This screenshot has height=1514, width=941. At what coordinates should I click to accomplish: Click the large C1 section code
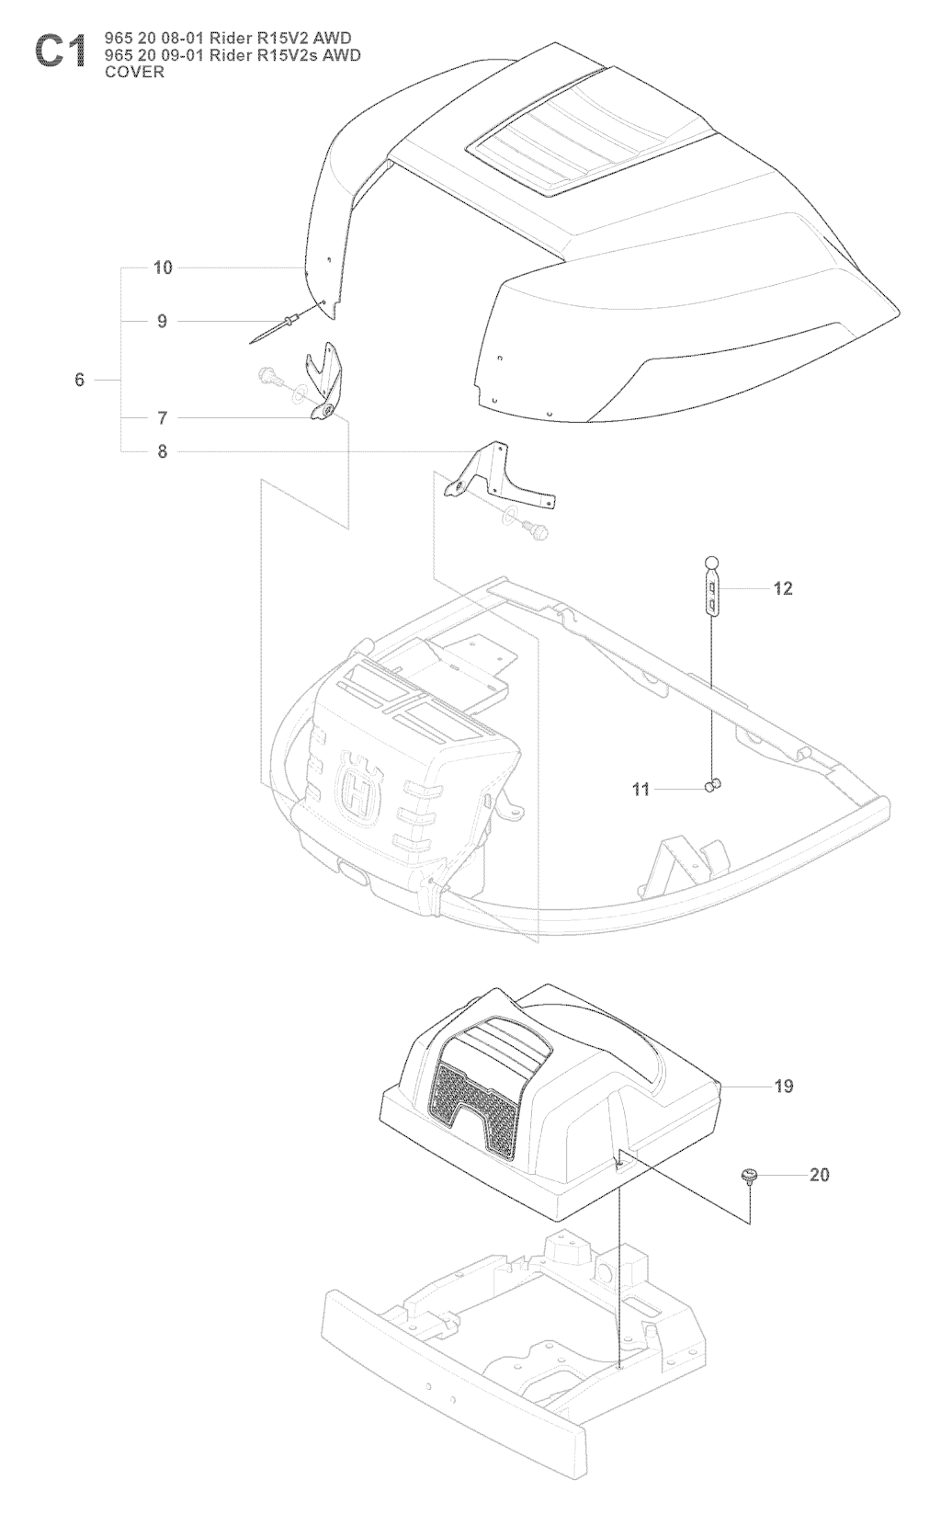click(x=60, y=52)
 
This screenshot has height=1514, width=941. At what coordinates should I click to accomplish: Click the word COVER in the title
click(x=135, y=72)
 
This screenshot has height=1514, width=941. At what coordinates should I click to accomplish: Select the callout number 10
click(x=163, y=268)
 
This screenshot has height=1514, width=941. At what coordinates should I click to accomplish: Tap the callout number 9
click(x=163, y=321)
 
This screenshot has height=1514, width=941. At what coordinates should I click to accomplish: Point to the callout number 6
click(x=80, y=380)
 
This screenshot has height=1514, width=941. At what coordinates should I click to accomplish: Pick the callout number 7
click(x=163, y=418)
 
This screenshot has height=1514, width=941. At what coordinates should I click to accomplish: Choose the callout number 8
click(x=163, y=451)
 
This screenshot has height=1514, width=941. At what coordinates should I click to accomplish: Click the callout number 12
click(x=783, y=588)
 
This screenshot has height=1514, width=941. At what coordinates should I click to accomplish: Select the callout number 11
click(x=641, y=789)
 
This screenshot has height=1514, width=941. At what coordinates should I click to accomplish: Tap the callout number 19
click(x=783, y=1087)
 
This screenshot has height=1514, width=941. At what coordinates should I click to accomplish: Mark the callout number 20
click(x=819, y=1175)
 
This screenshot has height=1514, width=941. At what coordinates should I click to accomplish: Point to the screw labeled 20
click(x=750, y=1177)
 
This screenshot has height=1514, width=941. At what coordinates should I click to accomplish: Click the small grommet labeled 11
click(x=714, y=785)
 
